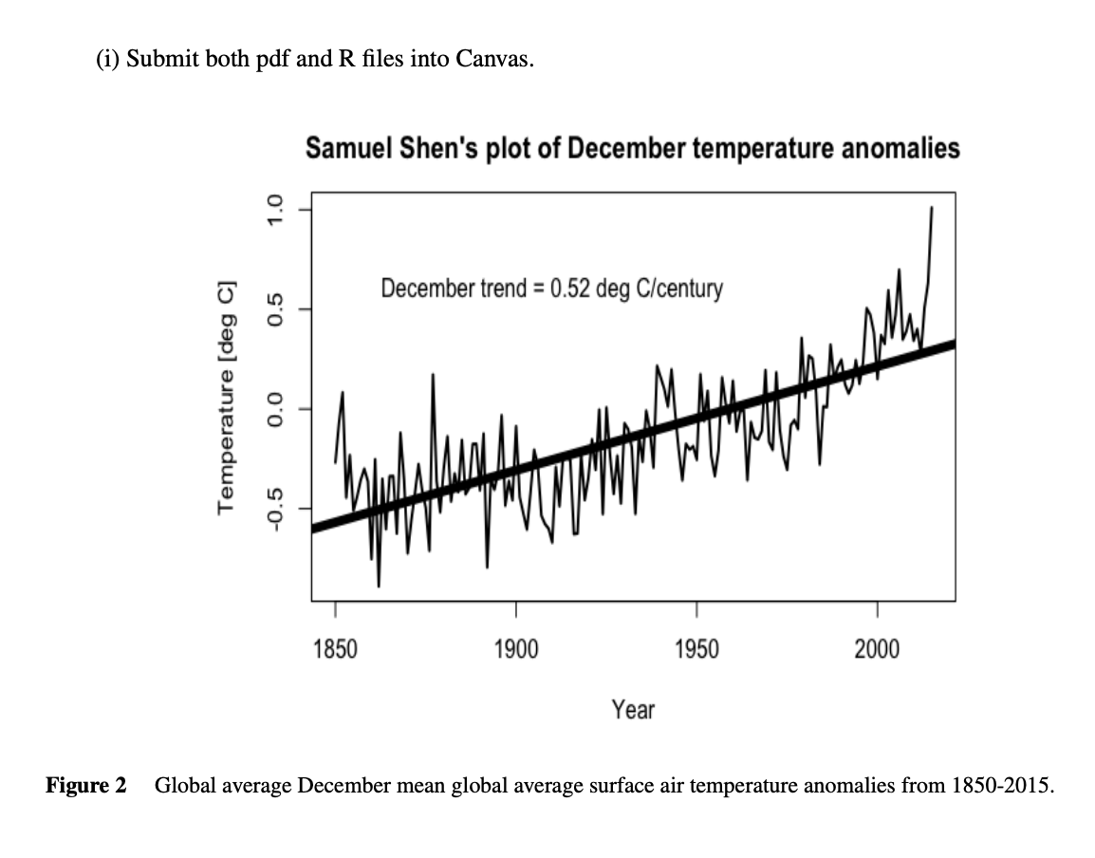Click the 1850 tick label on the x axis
[335, 649]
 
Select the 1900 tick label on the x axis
[516, 649]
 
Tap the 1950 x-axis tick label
[696, 649]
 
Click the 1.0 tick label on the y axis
[275, 208]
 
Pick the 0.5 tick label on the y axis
[275, 308]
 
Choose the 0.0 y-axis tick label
[275, 408]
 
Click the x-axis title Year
[633, 709]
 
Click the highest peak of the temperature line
[932, 207]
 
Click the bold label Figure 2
[86, 786]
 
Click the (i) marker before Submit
[108, 59]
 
